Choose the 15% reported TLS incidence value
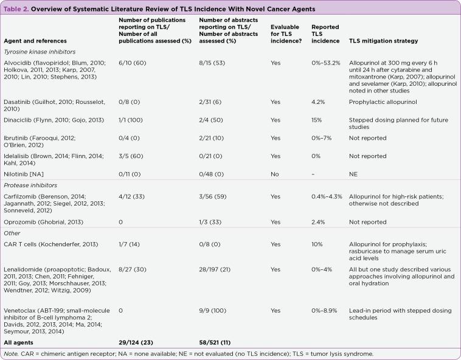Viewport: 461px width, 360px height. pyautogui.click(x=316, y=120)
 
